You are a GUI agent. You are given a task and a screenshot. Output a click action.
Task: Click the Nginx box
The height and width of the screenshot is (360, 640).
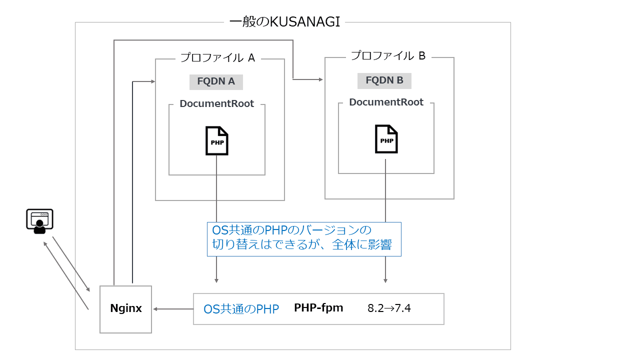pyautogui.click(x=125, y=309)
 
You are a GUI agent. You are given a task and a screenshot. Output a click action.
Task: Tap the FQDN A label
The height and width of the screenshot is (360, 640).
pyautogui.click(x=216, y=81)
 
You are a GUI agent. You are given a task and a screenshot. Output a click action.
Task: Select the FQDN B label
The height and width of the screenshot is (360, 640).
pyautogui.click(x=384, y=80)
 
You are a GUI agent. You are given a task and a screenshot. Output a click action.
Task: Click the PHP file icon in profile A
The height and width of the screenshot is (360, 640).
pyautogui.click(x=217, y=140)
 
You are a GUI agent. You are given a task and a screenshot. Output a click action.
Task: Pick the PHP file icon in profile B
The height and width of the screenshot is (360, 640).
pyautogui.click(x=386, y=139)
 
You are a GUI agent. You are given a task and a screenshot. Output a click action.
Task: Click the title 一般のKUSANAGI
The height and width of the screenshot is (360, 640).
pyautogui.click(x=284, y=22)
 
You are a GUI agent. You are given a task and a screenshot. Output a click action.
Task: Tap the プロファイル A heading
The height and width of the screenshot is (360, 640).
pyautogui.click(x=218, y=57)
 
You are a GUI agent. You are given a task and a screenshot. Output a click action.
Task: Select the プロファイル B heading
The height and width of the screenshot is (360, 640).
pyautogui.click(x=388, y=56)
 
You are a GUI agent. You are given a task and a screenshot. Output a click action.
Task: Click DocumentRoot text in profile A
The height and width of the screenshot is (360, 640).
pyautogui.click(x=217, y=104)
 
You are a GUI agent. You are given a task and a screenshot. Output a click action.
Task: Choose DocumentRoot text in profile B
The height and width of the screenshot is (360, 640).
pyautogui.click(x=386, y=102)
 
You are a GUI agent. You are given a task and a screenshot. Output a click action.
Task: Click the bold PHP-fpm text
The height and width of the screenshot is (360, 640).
pyautogui.click(x=318, y=307)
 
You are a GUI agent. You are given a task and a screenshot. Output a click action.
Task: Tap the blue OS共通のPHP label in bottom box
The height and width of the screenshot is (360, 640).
pyautogui.click(x=241, y=309)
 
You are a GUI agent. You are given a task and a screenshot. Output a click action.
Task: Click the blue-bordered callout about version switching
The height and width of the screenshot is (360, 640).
pyautogui.click(x=304, y=239)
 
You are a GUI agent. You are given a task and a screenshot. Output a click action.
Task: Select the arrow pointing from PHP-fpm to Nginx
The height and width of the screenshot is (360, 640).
pyautogui.click(x=172, y=309)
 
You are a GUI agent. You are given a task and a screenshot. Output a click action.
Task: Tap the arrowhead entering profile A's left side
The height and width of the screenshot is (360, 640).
pyautogui.click(x=152, y=81)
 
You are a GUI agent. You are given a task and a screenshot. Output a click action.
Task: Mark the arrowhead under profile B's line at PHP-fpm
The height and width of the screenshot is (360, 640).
pyautogui.click(x=385, y=280)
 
